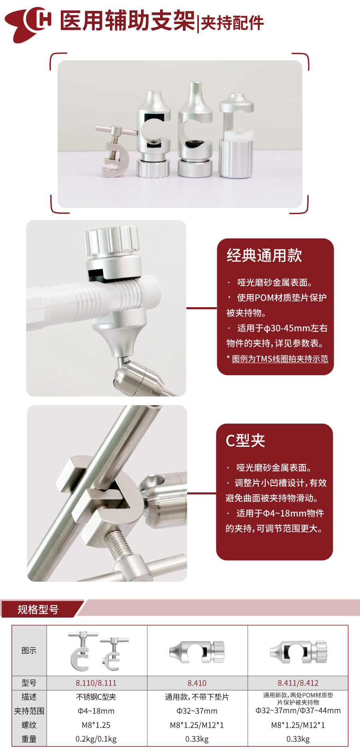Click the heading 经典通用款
pos(264,256)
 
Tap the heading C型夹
pos(245,440)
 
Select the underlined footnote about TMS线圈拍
pos(280,359)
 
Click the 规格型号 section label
pos(38,610)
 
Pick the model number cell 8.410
pos(197,683)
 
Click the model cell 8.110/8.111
pos(96,683)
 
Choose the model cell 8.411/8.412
pos(298,683)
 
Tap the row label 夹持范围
pos(29,711)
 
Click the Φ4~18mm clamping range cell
pos(96,711)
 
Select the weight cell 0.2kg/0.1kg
pos(96,739)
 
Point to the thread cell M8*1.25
pos(96,725)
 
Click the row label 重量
pos(29,739)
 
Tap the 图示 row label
pos(29,651)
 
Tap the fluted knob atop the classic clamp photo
pos(111,240)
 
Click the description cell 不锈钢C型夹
pos(96,697)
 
